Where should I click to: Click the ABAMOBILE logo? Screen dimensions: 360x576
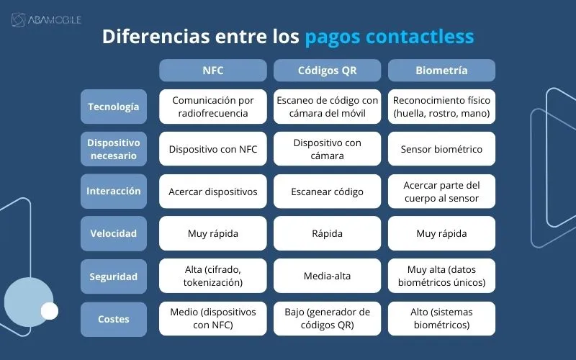coord(46,20)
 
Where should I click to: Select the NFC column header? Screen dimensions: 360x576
coord(213,71)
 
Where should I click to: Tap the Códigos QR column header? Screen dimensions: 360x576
coord(328,71)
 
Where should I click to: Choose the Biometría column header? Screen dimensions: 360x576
coord(441,71)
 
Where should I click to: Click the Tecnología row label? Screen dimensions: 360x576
coord(114,107)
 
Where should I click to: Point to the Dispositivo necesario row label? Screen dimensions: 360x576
coord(114,149)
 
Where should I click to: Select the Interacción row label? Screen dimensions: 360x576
coord(114,192)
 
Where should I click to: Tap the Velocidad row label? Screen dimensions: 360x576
coord(114,234)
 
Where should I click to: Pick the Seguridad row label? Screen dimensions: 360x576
coord(114,276)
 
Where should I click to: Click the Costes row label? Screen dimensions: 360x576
coord(114,319)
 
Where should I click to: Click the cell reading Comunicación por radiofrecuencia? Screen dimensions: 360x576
coord(213,107)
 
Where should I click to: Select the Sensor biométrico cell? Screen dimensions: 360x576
coord(441,149)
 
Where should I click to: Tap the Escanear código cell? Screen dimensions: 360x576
coord(328,192)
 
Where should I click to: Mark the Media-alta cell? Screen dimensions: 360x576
coord(328,276)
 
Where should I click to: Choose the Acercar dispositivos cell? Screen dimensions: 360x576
coord(213,192)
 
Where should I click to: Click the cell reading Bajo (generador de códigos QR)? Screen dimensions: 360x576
coord(328,319)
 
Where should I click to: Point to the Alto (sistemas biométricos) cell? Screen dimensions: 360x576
coord(441,319)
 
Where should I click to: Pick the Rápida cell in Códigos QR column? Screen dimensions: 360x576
coord(328,234)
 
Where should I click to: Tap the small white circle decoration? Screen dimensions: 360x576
coord(50,311)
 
